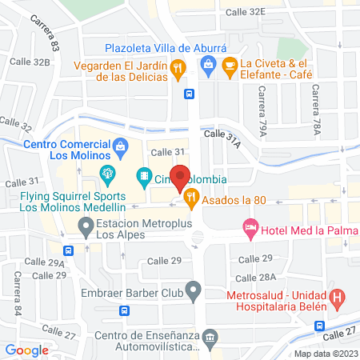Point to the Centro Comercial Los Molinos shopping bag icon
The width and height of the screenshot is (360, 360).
tap(120, 145)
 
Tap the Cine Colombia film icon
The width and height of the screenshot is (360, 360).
tap(144, 174)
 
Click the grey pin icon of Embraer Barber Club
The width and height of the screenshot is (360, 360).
tap(192, 289)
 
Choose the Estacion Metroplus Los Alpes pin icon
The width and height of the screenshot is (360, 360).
tap(86, 230)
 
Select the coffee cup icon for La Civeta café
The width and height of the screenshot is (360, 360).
tap(230, 65)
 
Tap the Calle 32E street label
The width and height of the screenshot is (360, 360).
tap(245, 12)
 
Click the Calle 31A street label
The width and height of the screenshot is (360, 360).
tap(222, 138)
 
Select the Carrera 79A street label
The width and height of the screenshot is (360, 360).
tap(262, 110)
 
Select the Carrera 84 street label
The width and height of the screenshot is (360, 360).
tap(17, 284)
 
